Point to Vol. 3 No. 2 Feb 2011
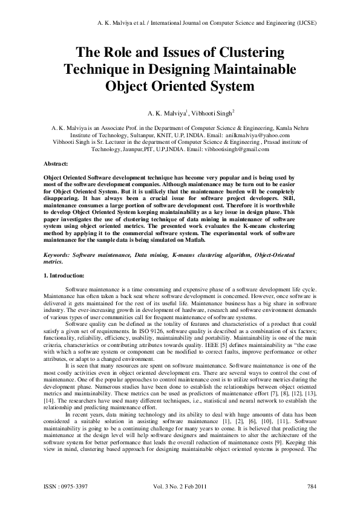coord(182,487)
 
